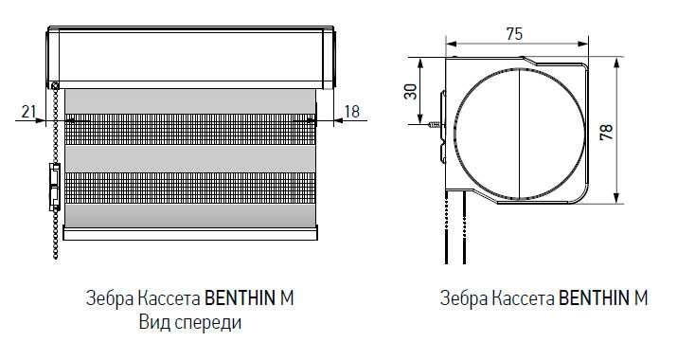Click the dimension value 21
[x=27, y=112]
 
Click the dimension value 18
[x=352, y=111]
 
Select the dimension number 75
[x=514, y=33]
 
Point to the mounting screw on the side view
[x=437, y=124]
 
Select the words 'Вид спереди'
[x=188, y=322]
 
